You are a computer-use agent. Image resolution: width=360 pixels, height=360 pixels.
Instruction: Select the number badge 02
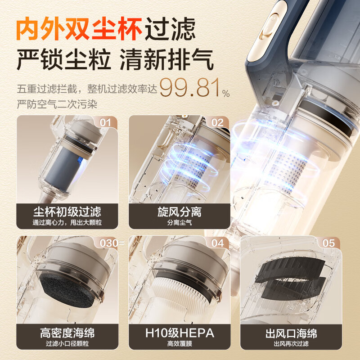click(217, 123)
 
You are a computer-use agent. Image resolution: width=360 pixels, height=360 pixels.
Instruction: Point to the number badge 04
click(217, 243)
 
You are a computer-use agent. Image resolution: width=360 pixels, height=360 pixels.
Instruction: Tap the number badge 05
click(329, 243)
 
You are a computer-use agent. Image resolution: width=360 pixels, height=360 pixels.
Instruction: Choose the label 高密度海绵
click(67, 333)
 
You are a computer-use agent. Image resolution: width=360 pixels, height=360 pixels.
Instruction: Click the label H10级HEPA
click(179, 333)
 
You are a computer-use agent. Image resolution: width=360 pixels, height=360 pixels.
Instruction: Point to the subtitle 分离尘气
click(179, 222)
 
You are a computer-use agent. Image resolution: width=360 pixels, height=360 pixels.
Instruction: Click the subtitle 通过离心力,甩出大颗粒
click(67, 222)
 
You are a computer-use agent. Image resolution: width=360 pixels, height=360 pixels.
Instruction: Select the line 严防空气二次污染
click(57, 104)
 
